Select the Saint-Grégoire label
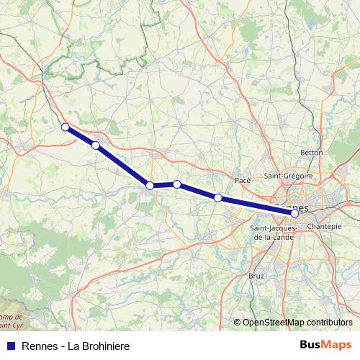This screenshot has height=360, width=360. pos(288,176)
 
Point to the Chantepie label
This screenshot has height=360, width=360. pos(323,226)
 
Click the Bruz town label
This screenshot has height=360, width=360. pos(256,275)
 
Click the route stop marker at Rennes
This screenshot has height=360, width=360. pos(294,213)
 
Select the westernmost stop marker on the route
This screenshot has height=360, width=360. pos(65,127)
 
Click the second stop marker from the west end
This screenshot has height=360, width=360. pos(95,145)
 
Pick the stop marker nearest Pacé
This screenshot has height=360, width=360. pos(217,197)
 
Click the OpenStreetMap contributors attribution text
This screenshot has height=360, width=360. pos(297,322)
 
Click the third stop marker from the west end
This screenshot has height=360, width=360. pos(150,186)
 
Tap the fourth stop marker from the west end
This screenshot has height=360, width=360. pos(176,184)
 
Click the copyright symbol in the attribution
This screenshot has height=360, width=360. pos(238,322)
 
